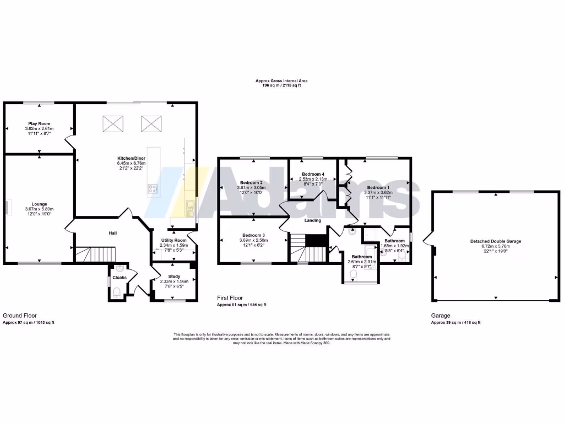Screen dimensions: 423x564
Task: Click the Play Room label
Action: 39,124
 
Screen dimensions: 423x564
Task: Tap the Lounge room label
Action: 39,203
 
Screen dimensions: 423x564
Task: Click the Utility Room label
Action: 173,241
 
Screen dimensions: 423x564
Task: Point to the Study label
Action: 175,275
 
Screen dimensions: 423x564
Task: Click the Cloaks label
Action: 120,278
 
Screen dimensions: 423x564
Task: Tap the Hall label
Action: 112,234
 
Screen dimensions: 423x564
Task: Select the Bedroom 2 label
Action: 251,182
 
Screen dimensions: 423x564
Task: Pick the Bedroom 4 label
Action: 313,173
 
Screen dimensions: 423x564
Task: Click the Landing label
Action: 313,220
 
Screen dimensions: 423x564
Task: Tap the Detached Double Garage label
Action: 495,241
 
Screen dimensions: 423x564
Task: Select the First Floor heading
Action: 231,297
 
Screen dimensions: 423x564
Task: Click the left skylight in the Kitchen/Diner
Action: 114,123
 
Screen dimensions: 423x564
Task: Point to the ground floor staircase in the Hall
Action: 96,254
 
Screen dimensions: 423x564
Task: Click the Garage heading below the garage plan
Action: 440,316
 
